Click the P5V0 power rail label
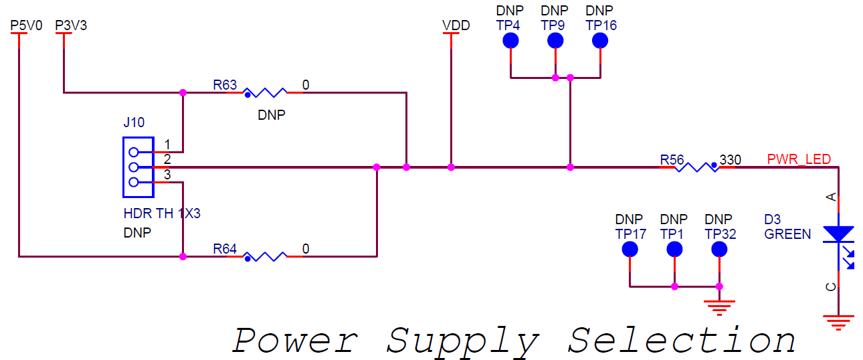pos(27,25)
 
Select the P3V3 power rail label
pos(71,25)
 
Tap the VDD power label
pos(456,25)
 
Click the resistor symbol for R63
pos(265,92)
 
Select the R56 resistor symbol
pos(696,167)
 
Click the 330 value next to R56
pos(730,161)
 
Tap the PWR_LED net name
pos(799,159)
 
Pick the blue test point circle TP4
pos(510,41)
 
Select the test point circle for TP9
pos(555,41)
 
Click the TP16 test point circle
pos(600,41)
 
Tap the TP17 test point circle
pos(630,250)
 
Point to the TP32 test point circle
pos(719,250)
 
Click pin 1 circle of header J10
pos(134,152)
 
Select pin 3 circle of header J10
pos(134,181)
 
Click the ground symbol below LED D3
pos(838,321)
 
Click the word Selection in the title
pos(682,341)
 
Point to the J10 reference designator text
pos(134,122)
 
